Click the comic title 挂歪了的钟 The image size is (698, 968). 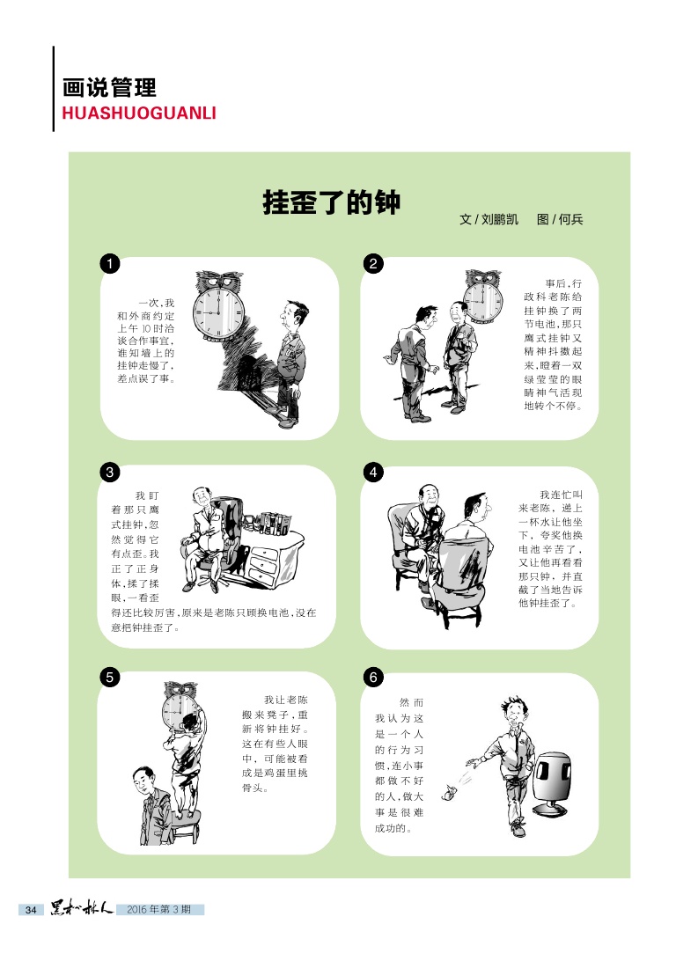(x=332, y=202)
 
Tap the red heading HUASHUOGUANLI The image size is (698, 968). (x=139, y=113)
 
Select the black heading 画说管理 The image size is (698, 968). (x=109, y=88)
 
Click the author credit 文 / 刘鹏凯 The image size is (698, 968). (x=489, y=219)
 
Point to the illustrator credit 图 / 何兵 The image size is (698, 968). (x=560, y=219)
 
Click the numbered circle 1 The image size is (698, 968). (x=110, y=264)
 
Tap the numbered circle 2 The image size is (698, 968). (x=373, y=264)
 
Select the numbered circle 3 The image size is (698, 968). (x=110, y=473)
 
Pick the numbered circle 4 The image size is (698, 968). (x=373, y=473)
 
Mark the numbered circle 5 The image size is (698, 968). (x=110, y=678)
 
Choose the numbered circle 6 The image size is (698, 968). (x=373, y=678)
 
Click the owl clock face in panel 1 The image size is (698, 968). (x=218, y=312)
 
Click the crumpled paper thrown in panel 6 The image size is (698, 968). (x=449, y=791)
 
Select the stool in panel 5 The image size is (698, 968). (x=185, y=828)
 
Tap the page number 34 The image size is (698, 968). (x=31, y=910)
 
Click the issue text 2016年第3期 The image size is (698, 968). (x=158, y=909)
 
